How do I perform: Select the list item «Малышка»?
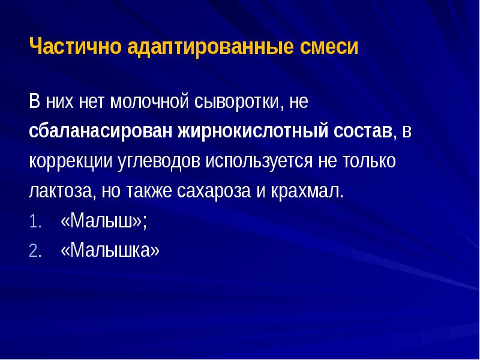[x=110, y=250]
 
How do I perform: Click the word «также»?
[x=149, y=191]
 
